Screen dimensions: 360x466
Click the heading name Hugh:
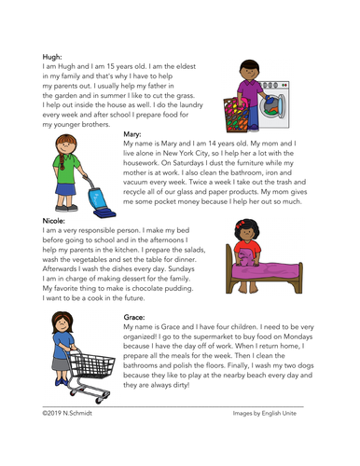pos(53,56)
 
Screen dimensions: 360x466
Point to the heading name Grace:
pos(134,318)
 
